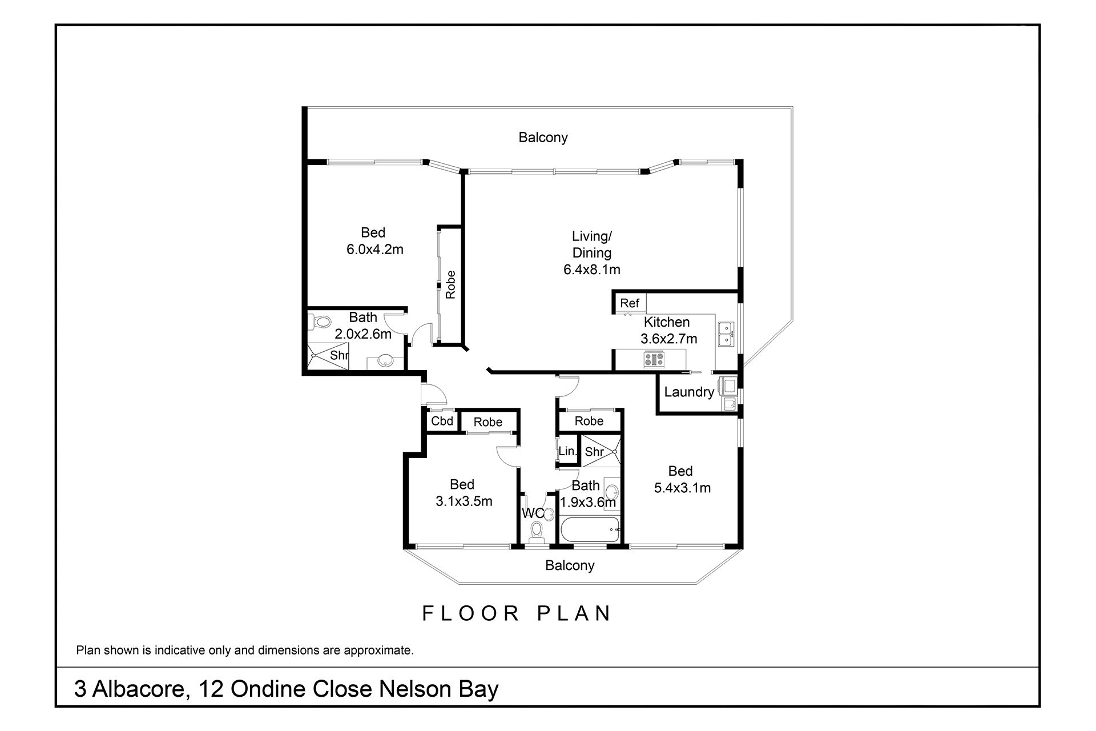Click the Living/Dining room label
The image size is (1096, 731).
point(592,244)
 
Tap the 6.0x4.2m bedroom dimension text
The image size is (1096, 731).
point(374,250)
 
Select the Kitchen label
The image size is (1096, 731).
point(667,322)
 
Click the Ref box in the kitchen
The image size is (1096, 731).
point(630,303)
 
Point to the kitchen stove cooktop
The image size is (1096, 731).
point(654,359)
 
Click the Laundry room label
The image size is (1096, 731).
point(689,392)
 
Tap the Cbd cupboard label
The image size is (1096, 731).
point(442,421)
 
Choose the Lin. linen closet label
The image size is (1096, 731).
point(567,451)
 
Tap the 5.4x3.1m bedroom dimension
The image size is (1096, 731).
point(682,488)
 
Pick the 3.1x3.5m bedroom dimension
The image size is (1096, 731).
point(464,501)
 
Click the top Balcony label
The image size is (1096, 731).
point(543,138)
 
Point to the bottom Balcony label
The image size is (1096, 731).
point(570,565)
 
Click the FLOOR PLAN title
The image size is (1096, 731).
point(517,613)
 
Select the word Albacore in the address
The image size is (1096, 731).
point(139,689)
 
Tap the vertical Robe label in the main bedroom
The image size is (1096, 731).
point(451,284)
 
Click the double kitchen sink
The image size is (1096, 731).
point(726,335)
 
